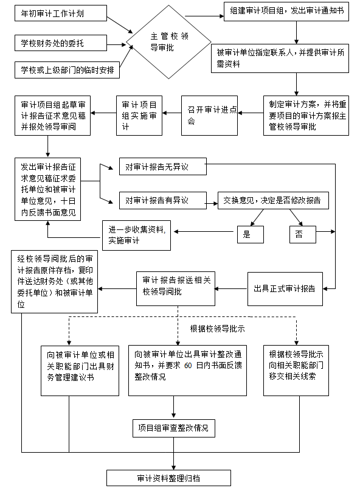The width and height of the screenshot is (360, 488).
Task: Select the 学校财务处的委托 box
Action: point(60,43)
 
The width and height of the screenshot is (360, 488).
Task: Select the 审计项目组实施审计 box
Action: point(140,114)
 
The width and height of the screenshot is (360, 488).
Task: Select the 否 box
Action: point(299,234)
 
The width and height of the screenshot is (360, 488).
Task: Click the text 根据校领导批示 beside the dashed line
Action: point(217,329)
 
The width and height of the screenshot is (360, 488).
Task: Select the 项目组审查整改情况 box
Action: point(174,428)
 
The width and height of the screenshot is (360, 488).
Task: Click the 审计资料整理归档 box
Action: point(168,478)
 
